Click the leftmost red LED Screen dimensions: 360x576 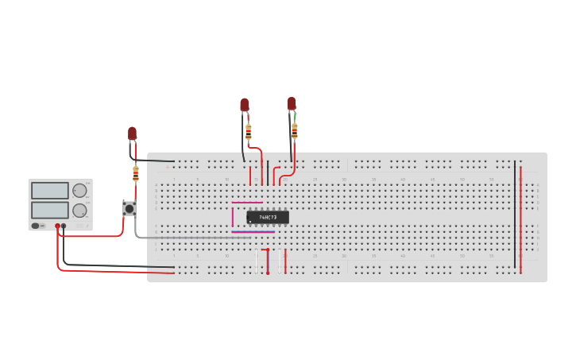pyautogui.click(x=132, y=134)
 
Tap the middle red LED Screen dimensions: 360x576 pyautogui.click(x=245, y=105)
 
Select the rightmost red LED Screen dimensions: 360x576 pyautogui.click(x=292, y=103)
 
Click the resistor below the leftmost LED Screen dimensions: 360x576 pyautogui.click(x=136, y=172)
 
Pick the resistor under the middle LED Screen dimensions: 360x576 pyautogui.click(x=249, y=130)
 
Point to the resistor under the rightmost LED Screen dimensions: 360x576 pyautogui.click(x=295, y=130)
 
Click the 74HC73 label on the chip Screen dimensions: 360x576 pyautogui.click(x=268, y=217)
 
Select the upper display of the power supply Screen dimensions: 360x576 pyautogui.click(x=50, y=191)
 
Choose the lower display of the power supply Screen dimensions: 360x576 pyautogui.click(x=50, y=210)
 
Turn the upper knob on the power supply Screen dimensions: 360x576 pyautogui.click(x=79, y=191)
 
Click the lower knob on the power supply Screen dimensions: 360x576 pyautogui.click(x=79, y=211)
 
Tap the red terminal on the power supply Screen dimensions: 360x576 pyautogui.click(x=57, y=226)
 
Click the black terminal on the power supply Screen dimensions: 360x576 pyautogui.click(x=64, y=226)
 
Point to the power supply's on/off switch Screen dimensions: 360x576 pyautogui.click(x=37, y=226)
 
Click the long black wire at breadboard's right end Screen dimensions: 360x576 pyautogui.click(x=514, y=215)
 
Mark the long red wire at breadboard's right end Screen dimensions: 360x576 pyautogui.click(x=520, y=215)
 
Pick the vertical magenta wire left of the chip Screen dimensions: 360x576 pyautogui.click(x=233, y=217)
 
